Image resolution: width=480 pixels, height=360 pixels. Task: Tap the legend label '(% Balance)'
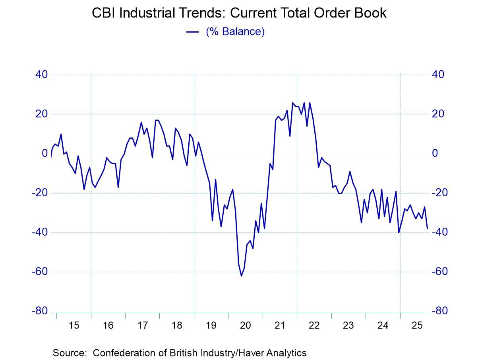pos(235,31)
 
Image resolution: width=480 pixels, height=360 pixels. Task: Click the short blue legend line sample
pos(193,32)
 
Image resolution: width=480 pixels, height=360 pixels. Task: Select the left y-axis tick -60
pos(39,272)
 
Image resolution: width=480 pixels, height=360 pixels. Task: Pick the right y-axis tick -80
pos(440,311)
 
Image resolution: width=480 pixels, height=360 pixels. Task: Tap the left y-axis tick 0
pos(45,153)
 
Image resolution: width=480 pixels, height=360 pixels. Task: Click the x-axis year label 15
pos(74,326)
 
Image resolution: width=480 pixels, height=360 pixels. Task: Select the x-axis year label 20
pos(246,326)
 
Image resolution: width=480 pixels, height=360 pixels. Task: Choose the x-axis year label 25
pos(417,326)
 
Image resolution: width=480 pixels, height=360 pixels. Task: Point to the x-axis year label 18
pos(177,326)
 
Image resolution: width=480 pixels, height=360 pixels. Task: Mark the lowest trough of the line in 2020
pos(241,276)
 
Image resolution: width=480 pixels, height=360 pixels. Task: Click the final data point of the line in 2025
pos(427,229)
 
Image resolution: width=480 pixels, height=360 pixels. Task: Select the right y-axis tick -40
pos(440,232)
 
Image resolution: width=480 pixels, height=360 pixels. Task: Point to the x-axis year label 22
pos(314,326)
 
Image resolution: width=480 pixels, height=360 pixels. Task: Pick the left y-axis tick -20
pos(39,193)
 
